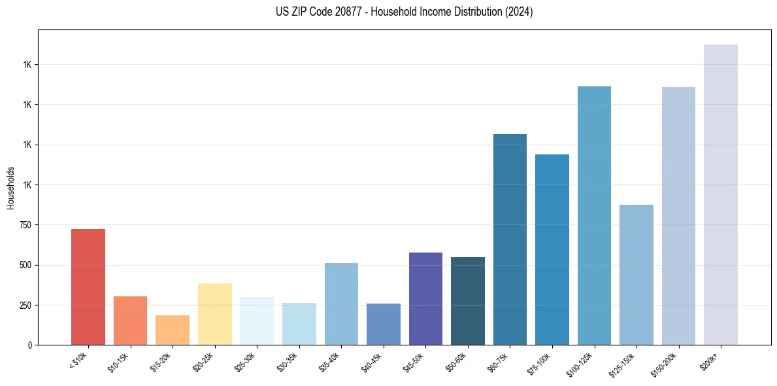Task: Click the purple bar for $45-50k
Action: pyautogui.click(x=425, y=298)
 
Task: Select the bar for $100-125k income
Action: pyautogui.click(x=594, y=215)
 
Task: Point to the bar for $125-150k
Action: pyautogui.click(x=636, y=275)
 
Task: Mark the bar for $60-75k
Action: pyautogui.click(x=510, y=239)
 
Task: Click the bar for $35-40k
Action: pyautogui.click(x=341, y=304)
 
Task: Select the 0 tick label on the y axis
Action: pyautogui.click(x=30, y=345)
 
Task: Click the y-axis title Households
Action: pyautogui.click(x=10, y=188)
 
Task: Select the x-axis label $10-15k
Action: pyautogui.click(x=118, y=361)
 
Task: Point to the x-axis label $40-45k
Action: pyautogui.click(x=371, y=361)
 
